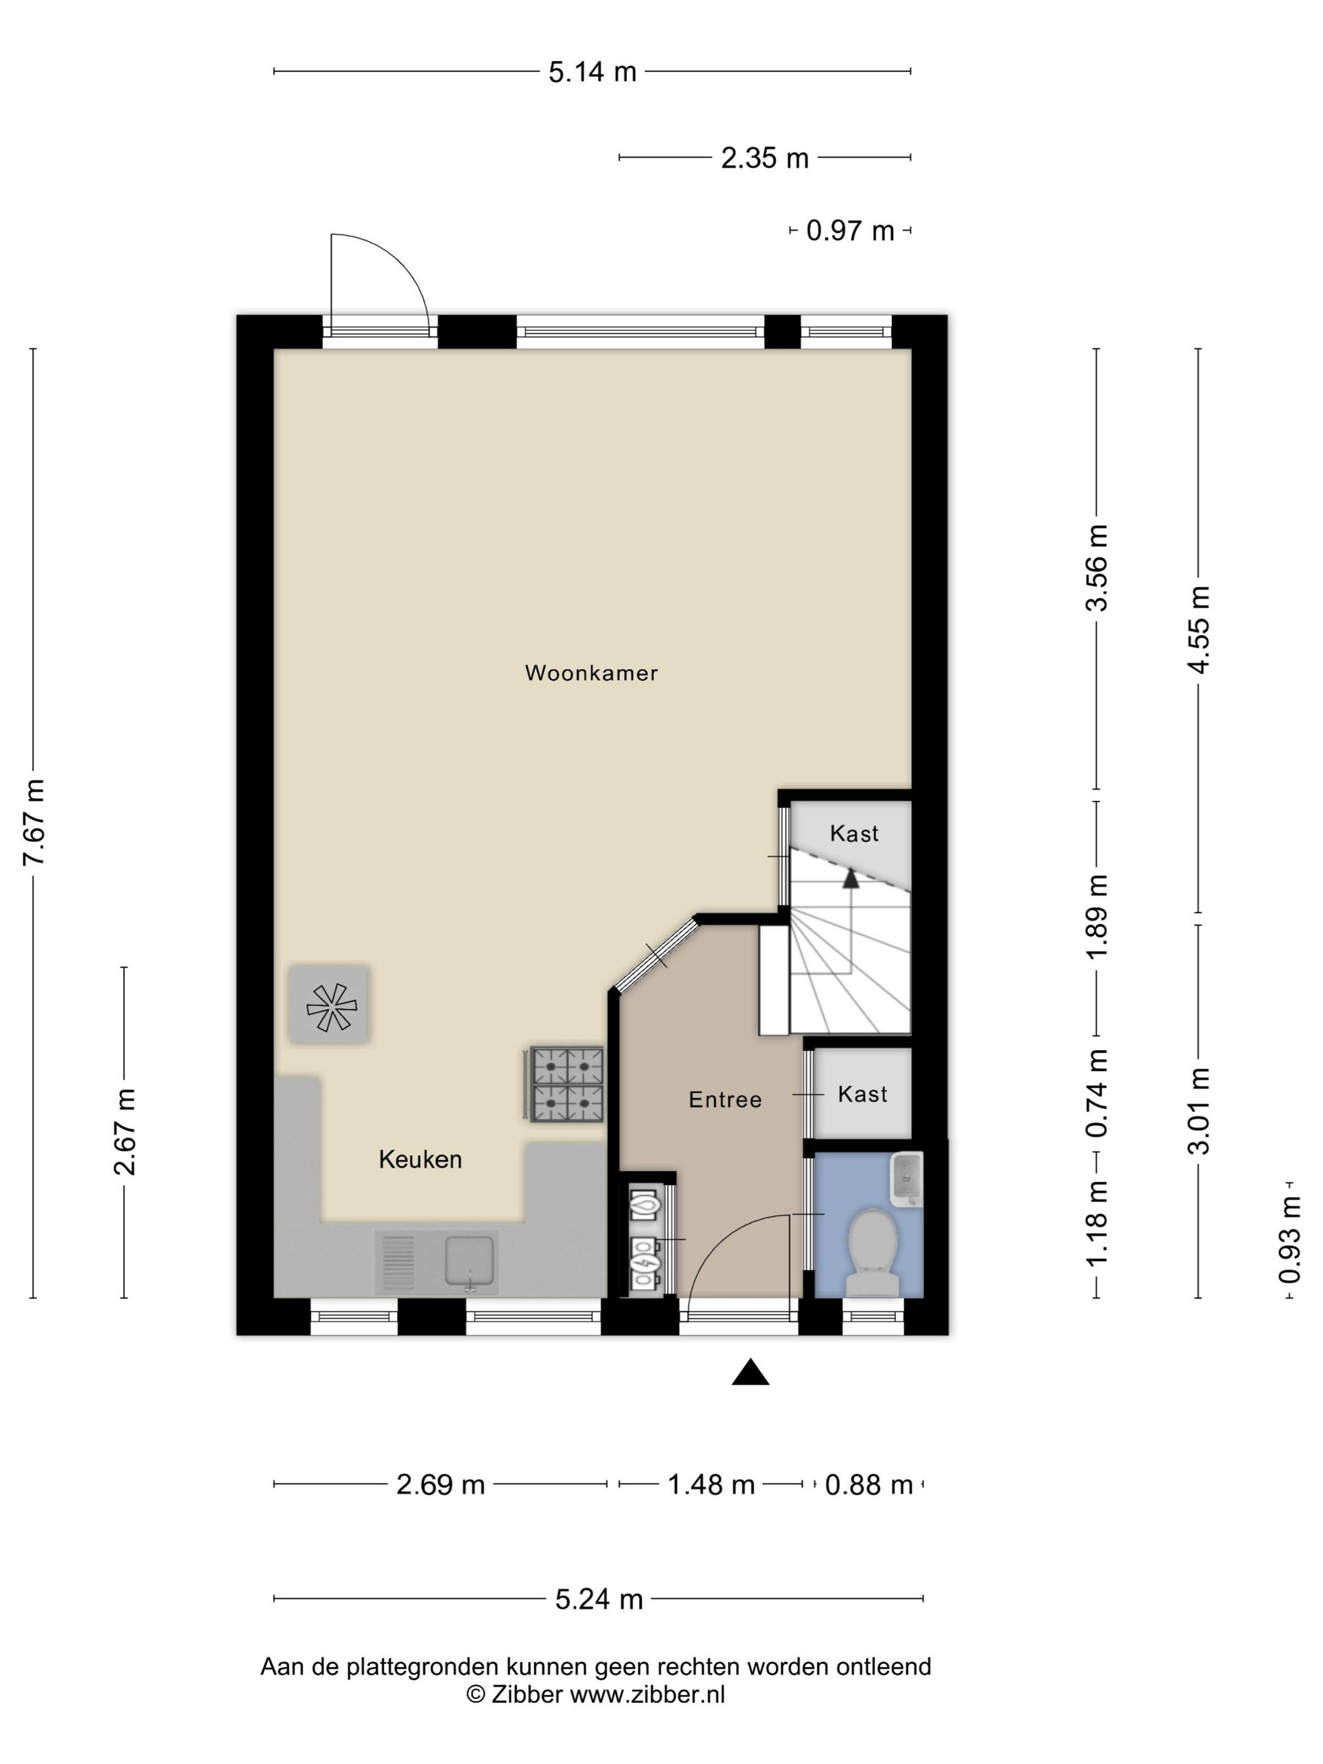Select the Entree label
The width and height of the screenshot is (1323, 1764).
[x=725, y=1100]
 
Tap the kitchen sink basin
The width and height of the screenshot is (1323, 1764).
[x=471, y=1260]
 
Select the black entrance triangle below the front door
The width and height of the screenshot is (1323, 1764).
[x=750, y=1372]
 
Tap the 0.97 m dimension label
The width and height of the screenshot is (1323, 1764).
[x=850, y=231]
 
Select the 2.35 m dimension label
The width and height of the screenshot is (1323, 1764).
[x=765, y=159]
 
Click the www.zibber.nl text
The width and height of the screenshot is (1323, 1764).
[x=647, y=1695]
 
